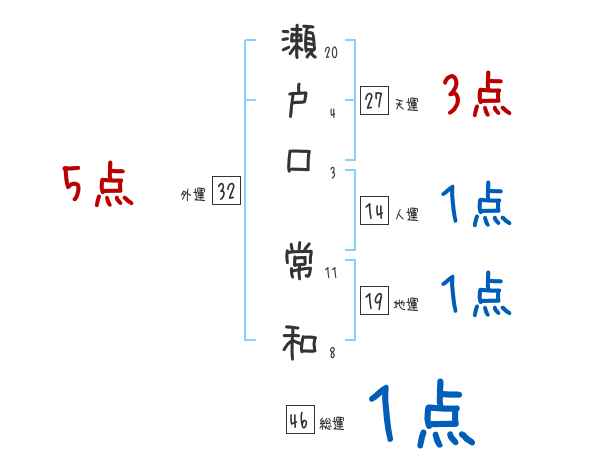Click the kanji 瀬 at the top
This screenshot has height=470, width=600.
[301, 44]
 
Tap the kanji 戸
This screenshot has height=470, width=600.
[300, 104]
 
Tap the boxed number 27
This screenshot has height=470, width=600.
[375, 101]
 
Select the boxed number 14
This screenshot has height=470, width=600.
[375, 211]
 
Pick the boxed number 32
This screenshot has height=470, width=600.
[226, 192]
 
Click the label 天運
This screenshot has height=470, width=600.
[406, 104]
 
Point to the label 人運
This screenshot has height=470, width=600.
[406, 214]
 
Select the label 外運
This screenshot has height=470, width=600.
[192, 195]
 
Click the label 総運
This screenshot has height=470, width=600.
[332, 423]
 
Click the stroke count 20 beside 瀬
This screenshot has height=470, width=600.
[331, 51]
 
